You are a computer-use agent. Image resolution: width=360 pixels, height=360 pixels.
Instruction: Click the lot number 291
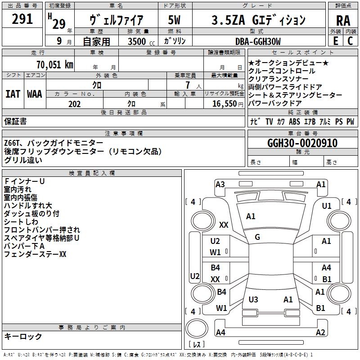point(22,19)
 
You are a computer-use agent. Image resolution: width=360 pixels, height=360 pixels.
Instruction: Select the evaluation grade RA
point(343,21)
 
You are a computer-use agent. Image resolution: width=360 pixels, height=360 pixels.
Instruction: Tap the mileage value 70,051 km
point(55,65)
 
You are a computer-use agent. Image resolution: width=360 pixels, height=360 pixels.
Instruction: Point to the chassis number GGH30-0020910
point(302,143)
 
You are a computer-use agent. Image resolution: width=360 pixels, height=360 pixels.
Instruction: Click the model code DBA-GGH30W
point(258,41)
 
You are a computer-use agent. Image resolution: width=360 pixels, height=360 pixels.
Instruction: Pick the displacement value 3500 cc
point(141,41)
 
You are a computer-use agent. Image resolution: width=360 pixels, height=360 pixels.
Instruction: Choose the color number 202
point(74,104)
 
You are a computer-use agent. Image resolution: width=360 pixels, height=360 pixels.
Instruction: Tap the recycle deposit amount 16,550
point(225,104)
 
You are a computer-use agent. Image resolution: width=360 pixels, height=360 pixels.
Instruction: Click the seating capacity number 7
point(188,85)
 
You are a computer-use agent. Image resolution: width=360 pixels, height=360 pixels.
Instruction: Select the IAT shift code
point(13,94)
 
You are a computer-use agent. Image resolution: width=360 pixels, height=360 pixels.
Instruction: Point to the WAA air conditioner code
point(35,94)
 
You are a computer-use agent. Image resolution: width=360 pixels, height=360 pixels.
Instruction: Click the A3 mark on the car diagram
point(220,184)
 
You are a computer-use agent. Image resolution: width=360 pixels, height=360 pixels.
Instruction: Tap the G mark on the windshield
point(257,237)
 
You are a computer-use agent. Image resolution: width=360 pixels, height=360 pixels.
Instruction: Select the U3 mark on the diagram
point(253,299)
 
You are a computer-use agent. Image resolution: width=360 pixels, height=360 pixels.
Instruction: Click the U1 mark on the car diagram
point(327,206)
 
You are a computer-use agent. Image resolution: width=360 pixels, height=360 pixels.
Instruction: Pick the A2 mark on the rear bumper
point(320,332)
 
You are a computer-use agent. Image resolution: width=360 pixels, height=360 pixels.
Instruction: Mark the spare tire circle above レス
point(197,328)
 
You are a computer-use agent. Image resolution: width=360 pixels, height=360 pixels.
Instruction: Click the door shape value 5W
point(174,20)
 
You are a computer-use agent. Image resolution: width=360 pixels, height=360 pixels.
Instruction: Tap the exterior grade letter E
point(335,41)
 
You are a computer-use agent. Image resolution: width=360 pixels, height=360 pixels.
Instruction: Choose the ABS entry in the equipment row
point(294,121)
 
